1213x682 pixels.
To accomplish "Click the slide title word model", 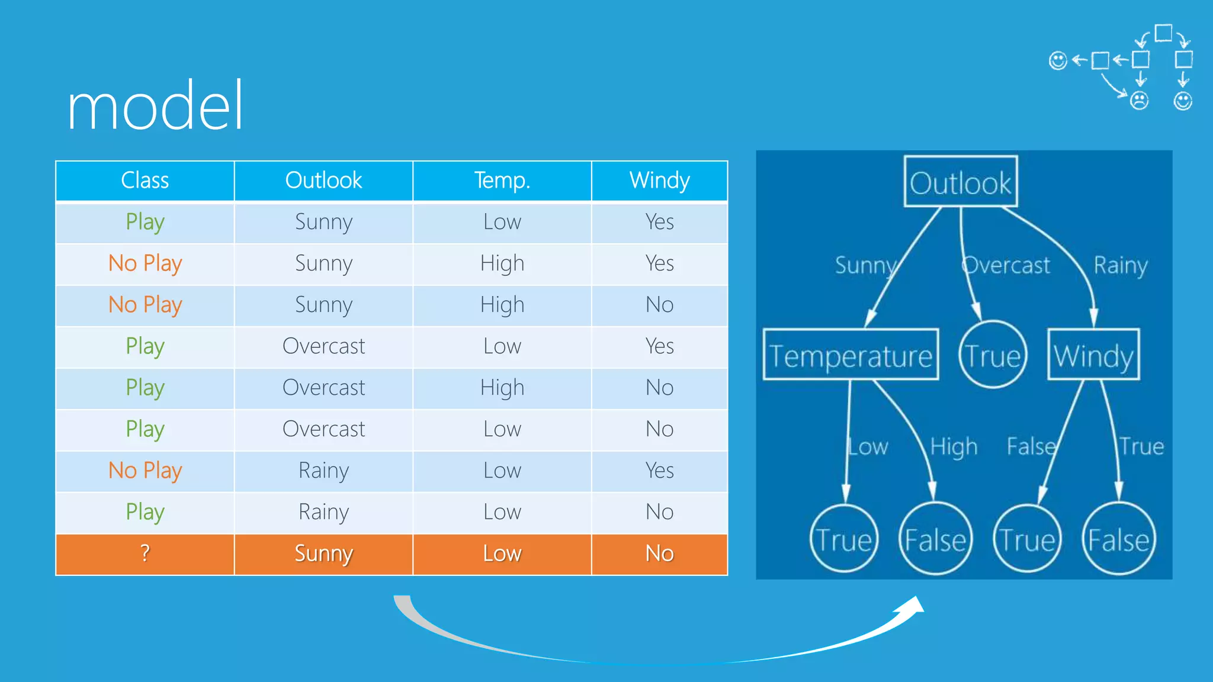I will [x=155, y=107].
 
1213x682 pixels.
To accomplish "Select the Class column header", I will [x=145, y=181].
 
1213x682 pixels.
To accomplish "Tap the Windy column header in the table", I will [x=659, y=181].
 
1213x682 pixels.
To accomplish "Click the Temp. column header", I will [x=502, y=181].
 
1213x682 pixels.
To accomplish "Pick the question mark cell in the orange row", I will [x=145, y=554].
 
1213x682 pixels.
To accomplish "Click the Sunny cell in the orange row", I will [x=323, y=554].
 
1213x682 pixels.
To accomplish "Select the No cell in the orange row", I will [x=659, y=554].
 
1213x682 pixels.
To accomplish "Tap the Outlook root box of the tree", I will [x=960, y=182].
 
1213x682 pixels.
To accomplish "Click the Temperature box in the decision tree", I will [x=851, y=355].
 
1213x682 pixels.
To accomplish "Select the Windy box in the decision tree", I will [x=1093, y=355].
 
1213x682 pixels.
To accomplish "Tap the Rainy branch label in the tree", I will [x=1121, y=266].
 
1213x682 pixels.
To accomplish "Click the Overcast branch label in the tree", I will [x=1007, y=266].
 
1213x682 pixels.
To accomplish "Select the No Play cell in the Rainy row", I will [x=145, y=471].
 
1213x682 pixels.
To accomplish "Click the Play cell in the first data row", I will [x=145, y=222].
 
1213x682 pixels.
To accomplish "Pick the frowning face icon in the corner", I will [x=1139, y=101].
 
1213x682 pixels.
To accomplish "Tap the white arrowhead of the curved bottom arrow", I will [x=912, y=607].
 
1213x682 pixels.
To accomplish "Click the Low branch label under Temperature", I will [x=868, y=447].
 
